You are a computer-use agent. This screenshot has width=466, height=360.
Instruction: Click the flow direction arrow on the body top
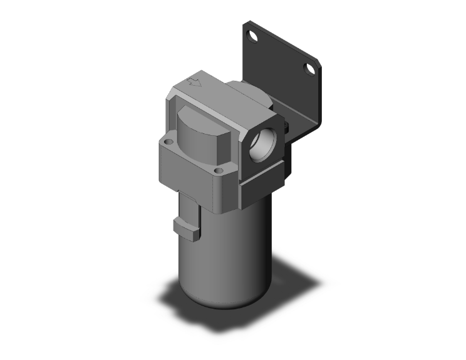pyautogui.click(x=195, y=81)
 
